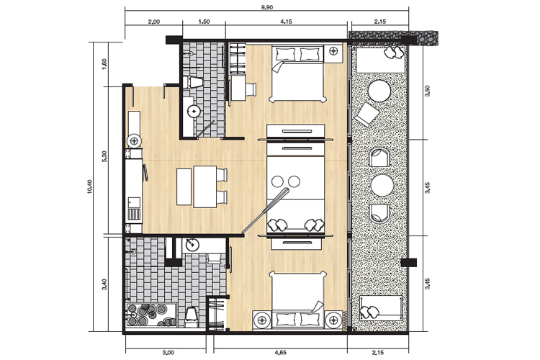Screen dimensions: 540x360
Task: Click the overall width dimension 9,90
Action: point(267,7)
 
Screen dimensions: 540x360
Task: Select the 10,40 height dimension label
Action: point(90,186)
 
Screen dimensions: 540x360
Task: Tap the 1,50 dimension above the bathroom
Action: point(204,22)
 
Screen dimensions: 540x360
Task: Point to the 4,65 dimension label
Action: point(280,352)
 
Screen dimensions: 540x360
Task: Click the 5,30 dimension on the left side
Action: point(104,156)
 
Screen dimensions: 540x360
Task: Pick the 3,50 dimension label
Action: point(428,91)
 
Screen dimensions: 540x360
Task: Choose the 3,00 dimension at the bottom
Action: point(168,352)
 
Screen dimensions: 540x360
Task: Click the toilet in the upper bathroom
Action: point(192,82)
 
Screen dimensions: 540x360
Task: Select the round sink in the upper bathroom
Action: point(194,112)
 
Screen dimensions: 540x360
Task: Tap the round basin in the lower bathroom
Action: point(192,245)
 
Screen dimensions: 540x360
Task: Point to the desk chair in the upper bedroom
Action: point(251,89)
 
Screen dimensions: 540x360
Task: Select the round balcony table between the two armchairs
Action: point(382,185)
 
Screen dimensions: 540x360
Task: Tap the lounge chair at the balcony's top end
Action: point(381,60)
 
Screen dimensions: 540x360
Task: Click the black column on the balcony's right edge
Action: point(409,263)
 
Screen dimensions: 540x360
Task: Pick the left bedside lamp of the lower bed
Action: point(262,320)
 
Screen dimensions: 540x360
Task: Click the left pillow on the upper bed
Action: point(286,54)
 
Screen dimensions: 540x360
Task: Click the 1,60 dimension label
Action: point(104,63)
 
